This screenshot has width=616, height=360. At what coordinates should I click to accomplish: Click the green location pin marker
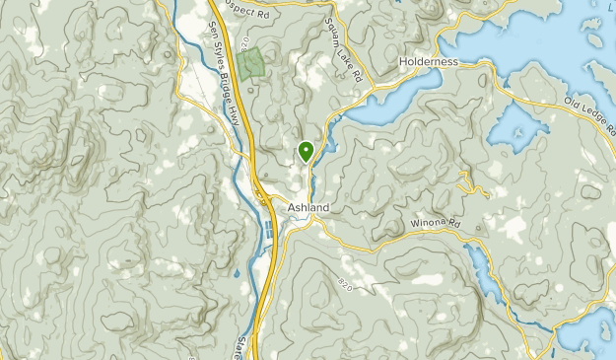click(x=306, y=152)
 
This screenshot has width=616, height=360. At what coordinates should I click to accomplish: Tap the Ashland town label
click(x=308, y=208)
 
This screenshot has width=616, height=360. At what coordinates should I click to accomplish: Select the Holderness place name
click(x=429, y=61)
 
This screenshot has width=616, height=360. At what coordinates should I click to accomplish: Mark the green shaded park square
click(x=251, y=62)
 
